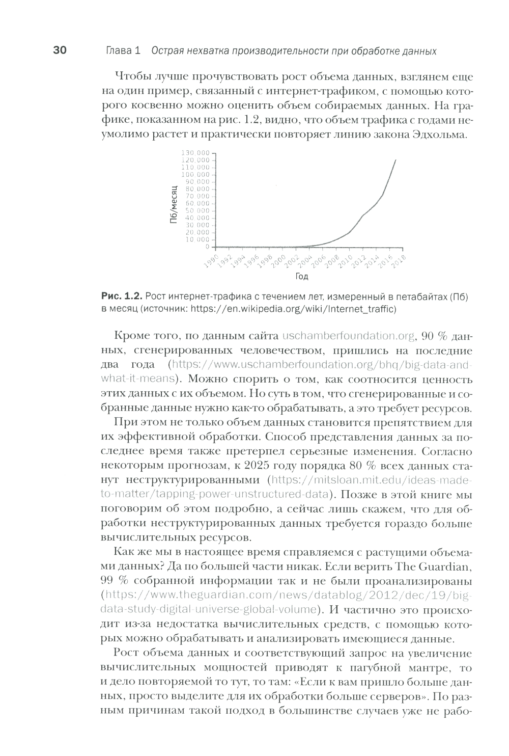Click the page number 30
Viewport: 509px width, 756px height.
(x=59, y=50)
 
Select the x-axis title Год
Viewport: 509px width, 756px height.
(x=301, y=277)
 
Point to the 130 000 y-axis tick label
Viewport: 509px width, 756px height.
(x=196, y=153)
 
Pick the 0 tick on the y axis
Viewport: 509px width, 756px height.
(x=207, y=247)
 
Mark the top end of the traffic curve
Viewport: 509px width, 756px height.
(x=396, y=159)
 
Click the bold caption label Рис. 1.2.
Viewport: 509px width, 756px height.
(x=122, y=296)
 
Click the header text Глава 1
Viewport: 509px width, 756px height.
(x=123, y=51)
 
